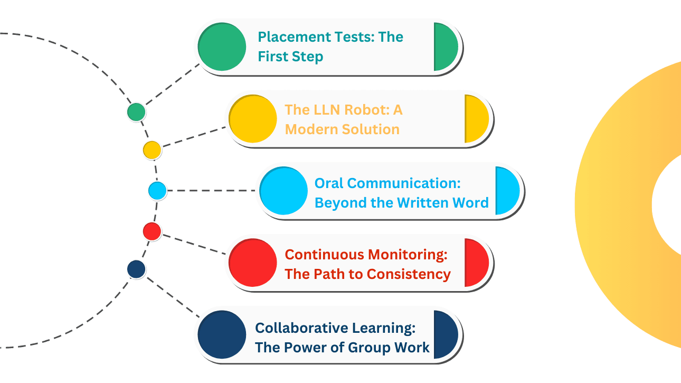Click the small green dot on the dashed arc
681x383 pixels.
[136, 112]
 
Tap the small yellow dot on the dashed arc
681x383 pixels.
[152, 150]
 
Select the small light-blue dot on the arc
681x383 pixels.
[157, 190]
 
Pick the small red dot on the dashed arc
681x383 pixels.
[152, 231]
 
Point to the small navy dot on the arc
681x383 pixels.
[136, 269]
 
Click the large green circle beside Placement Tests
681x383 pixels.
[222, 47]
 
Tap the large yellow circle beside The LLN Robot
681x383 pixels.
[253, 119]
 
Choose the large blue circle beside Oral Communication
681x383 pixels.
[284, 191]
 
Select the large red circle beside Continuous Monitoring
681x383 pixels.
[253, 263]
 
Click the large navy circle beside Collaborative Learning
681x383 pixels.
[222, 335]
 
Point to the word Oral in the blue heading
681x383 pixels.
[329, 183]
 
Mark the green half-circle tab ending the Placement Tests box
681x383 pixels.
[444, 47]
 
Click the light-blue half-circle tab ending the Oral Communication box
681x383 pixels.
[506, 191]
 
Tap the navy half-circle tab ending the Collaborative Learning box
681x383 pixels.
[444, 335]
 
